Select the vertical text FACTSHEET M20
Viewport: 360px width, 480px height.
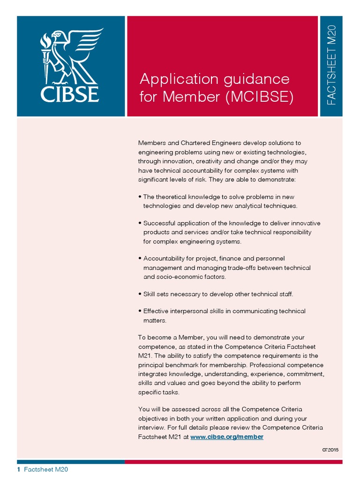point(331,65)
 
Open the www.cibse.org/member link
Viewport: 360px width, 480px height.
point(227,436)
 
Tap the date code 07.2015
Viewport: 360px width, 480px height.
point(330,450)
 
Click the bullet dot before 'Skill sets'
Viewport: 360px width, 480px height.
point(140,294)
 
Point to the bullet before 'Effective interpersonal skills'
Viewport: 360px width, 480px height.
point(140,311)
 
